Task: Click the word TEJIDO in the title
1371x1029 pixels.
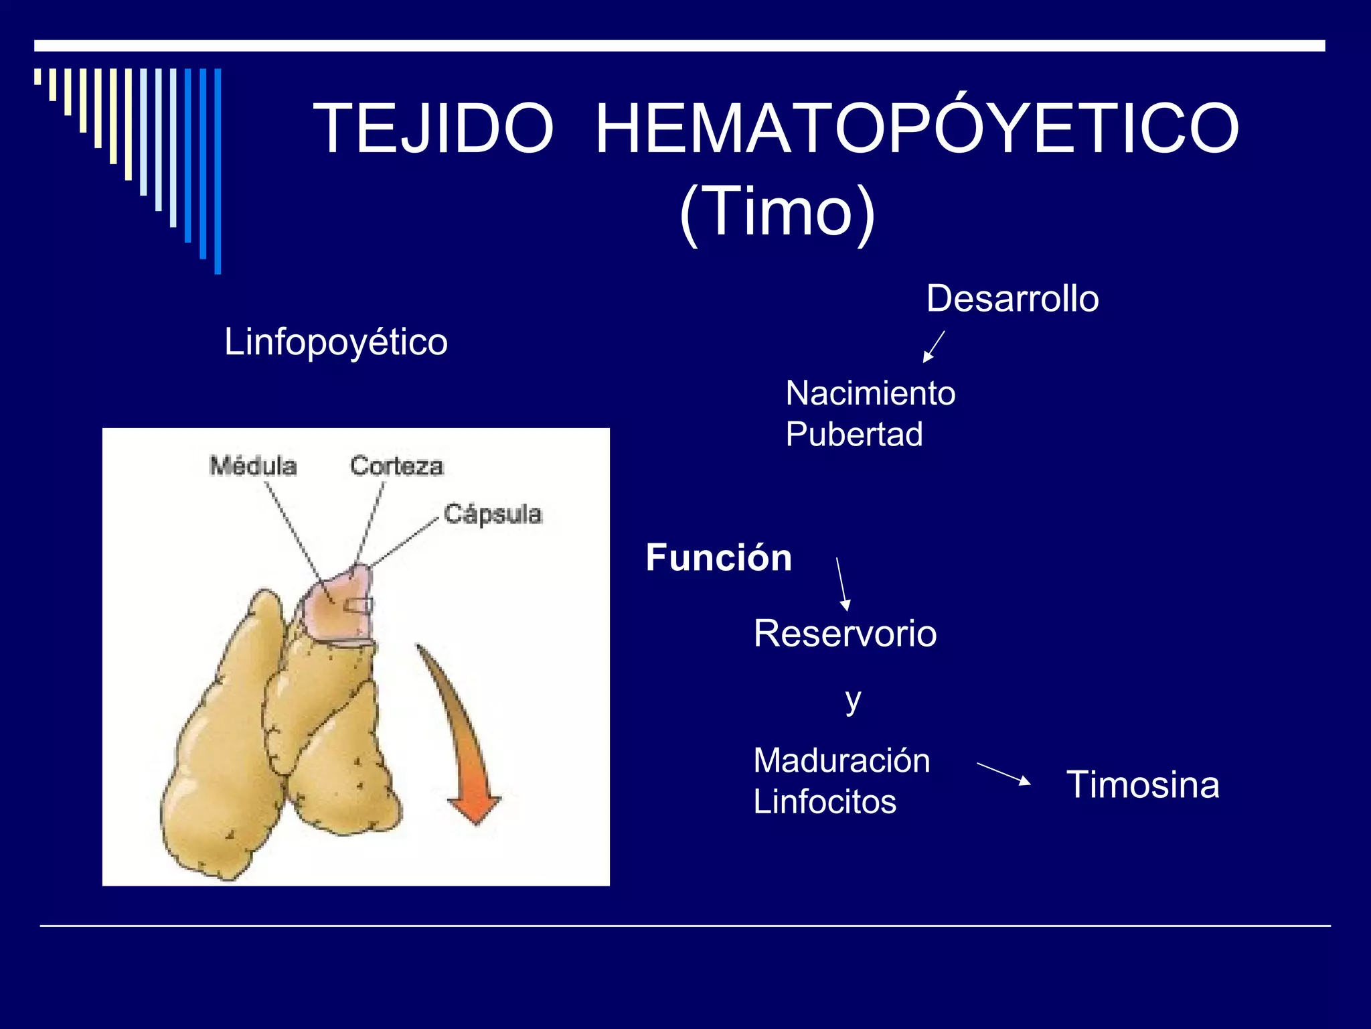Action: coord(433,128)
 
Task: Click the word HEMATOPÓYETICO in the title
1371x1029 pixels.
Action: coord(917,128)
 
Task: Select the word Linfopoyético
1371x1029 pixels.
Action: coord(335,342)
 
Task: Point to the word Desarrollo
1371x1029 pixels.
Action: coord(1012,299)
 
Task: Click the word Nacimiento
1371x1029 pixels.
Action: coord(870,393)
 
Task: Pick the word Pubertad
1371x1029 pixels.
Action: coord(854,434)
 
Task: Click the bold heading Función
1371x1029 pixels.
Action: coord(719,557)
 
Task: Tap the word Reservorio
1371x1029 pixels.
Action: coord(845,634)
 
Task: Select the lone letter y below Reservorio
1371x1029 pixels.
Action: coord(852,701)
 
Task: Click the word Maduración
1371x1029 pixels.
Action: coord(841,761)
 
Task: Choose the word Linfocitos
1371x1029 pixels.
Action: coord(825,802)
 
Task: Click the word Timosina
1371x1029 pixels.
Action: coord(1143,784)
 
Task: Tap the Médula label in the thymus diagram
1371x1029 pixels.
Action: coord(253,466)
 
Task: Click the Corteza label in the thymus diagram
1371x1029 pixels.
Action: coord(396,466)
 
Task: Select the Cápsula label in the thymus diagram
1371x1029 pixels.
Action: coord(493,514)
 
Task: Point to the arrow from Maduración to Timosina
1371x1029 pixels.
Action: coord(1003,773)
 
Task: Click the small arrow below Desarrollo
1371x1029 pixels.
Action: coord(933,346)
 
